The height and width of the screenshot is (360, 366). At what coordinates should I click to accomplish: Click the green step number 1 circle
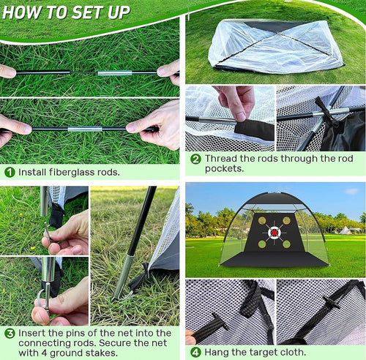10,172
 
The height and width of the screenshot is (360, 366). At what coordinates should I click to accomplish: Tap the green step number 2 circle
195,160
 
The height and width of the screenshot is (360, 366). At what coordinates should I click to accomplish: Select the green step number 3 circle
10,334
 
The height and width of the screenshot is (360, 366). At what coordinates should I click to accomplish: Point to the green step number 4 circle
195,353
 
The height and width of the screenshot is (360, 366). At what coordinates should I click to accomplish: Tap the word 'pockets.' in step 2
224,168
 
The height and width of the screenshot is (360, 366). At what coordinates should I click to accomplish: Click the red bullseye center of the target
274,233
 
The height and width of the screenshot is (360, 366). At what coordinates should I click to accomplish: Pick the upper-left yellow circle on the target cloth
262,221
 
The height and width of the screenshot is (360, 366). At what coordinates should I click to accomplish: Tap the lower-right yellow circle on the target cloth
287,244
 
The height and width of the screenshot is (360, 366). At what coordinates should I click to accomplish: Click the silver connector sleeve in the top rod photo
115,72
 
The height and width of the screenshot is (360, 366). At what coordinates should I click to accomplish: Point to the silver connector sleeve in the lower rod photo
85,129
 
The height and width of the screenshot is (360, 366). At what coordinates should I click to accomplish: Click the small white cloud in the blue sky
352,191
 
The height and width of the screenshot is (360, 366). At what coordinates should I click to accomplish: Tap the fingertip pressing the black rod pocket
241,116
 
